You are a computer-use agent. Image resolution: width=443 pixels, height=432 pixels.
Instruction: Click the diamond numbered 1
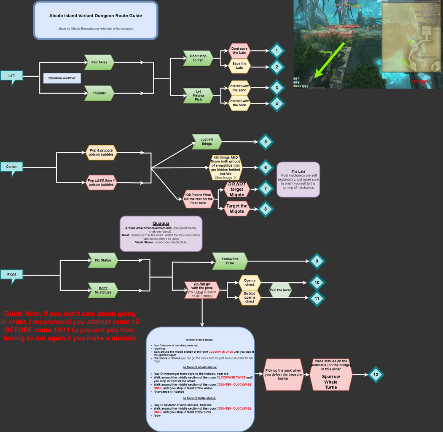[277, 51]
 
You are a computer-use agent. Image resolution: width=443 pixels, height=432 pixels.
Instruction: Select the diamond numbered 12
[375, 374]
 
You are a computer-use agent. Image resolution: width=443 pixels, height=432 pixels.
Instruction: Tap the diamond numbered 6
[266, 167]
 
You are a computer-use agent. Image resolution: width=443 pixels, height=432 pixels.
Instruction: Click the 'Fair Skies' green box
[99, 62]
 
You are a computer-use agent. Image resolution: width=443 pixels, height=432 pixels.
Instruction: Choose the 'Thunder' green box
[99, 93]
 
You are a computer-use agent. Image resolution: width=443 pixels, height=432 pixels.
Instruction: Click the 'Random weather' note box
[62, 78]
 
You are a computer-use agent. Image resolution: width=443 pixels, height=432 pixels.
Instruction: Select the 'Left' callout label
[12, 76]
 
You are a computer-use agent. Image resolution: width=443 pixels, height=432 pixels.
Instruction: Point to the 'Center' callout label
[12, 167]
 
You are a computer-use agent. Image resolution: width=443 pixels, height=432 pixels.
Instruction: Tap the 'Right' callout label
[12, 275]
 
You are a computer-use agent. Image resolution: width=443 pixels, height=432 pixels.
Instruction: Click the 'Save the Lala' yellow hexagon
[239, 66]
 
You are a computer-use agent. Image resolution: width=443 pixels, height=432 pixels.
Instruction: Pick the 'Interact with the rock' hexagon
[239, 103]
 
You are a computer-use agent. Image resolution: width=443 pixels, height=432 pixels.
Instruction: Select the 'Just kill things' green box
[207, 141]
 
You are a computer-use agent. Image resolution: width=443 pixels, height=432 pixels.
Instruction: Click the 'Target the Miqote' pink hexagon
[237, 208]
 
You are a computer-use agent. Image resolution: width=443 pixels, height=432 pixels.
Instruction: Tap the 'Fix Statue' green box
[103, 260]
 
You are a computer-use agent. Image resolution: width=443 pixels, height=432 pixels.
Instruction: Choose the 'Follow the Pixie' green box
[230, 261]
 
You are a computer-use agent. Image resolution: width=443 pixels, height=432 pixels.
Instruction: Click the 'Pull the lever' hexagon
[281, 290]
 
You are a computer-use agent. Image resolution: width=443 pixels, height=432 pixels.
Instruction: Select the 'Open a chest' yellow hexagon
[250, 283]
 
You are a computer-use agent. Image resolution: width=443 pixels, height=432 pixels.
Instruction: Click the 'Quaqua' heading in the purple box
[161, 223]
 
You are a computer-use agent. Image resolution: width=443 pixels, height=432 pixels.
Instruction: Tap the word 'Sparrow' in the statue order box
[331, 376]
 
